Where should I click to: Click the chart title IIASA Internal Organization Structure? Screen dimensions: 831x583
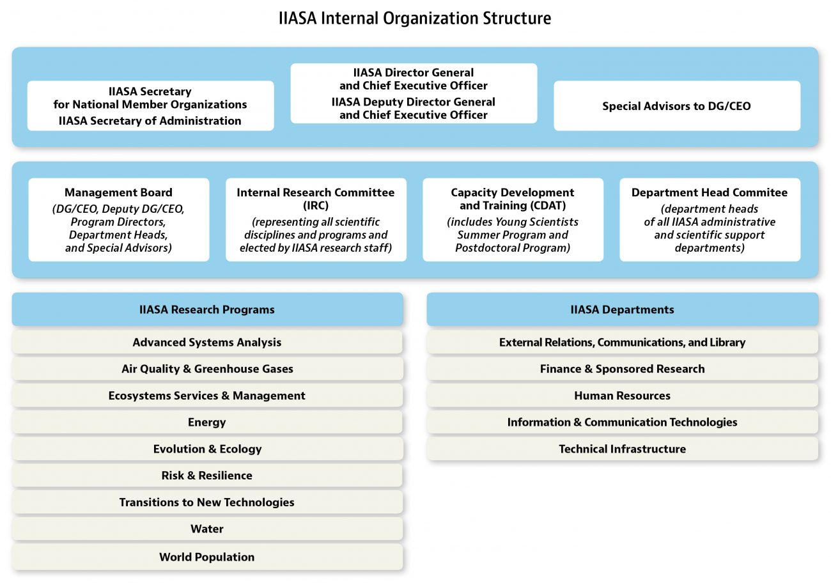pos(415,18)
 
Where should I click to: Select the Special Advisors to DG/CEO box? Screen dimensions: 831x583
pos(677,105)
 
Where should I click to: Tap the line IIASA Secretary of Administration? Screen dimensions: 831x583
pos(150,121)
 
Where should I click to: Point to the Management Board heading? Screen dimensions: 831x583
pos(118,192)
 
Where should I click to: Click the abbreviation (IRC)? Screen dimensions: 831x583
pos(316,205)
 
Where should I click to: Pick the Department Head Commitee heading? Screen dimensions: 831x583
pos(710,192)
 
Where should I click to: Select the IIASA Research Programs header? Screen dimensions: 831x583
pos(207,309)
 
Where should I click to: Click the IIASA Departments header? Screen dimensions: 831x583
pos(622,309)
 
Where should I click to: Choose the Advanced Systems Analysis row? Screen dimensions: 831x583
pos(207,342)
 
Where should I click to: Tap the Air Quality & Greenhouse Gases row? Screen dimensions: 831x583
pos(207,368)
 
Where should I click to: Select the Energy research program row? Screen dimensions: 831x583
pos(207,422)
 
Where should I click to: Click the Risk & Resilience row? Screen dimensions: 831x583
pos(207,476)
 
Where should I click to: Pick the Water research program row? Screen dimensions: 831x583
pos(207,529)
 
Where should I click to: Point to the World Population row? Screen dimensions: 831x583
pos(207,557)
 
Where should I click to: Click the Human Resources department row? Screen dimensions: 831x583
pos(622,395)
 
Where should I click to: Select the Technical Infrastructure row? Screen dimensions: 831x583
pos(622,449)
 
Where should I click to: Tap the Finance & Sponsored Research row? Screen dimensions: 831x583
pos(622,368)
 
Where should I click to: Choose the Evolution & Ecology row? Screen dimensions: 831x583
pos(207,449)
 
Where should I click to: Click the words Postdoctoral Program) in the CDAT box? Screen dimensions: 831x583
pos(513,247)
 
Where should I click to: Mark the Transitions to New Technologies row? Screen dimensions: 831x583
pos(207,502)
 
